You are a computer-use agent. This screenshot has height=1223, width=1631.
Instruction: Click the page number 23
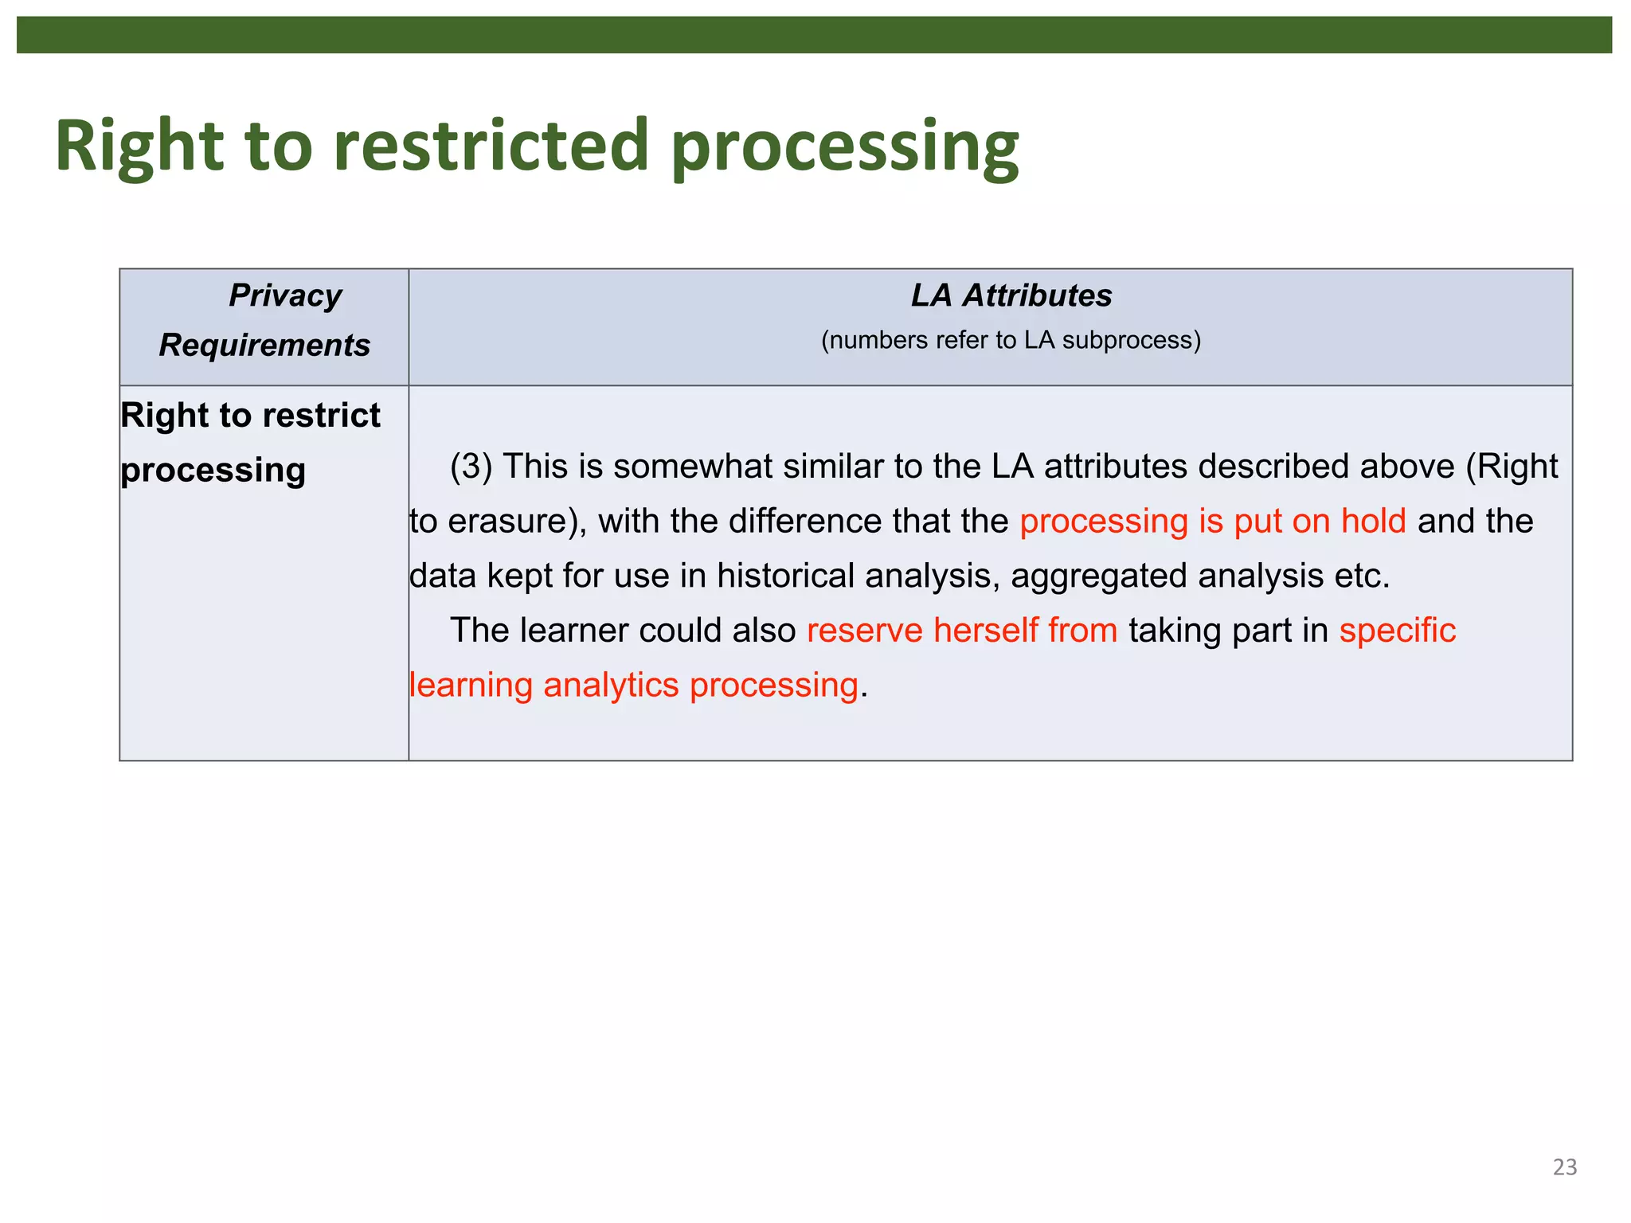pos(1564,1167)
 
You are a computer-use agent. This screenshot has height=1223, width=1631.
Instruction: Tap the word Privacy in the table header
pos(285,295)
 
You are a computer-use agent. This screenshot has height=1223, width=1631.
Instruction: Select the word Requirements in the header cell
pos(264,346)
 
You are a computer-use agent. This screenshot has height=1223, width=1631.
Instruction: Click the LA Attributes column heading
pos(1011,295)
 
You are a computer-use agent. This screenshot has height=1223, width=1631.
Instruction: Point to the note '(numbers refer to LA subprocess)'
pos(1011,341)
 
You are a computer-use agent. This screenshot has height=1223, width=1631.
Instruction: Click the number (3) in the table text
pos(471,467)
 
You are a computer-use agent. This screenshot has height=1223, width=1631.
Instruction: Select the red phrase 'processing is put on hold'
pos(1212,522)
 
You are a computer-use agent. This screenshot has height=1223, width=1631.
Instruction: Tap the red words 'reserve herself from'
pos(962,631)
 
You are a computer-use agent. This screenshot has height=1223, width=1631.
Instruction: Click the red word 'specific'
pos(1397,631)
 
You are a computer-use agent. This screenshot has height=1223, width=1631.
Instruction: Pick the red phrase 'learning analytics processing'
pos(634,686)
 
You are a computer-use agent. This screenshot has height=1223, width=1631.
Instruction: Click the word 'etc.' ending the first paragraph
pos(1361,576)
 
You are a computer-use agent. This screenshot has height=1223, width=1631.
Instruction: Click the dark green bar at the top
pos(814,35)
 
